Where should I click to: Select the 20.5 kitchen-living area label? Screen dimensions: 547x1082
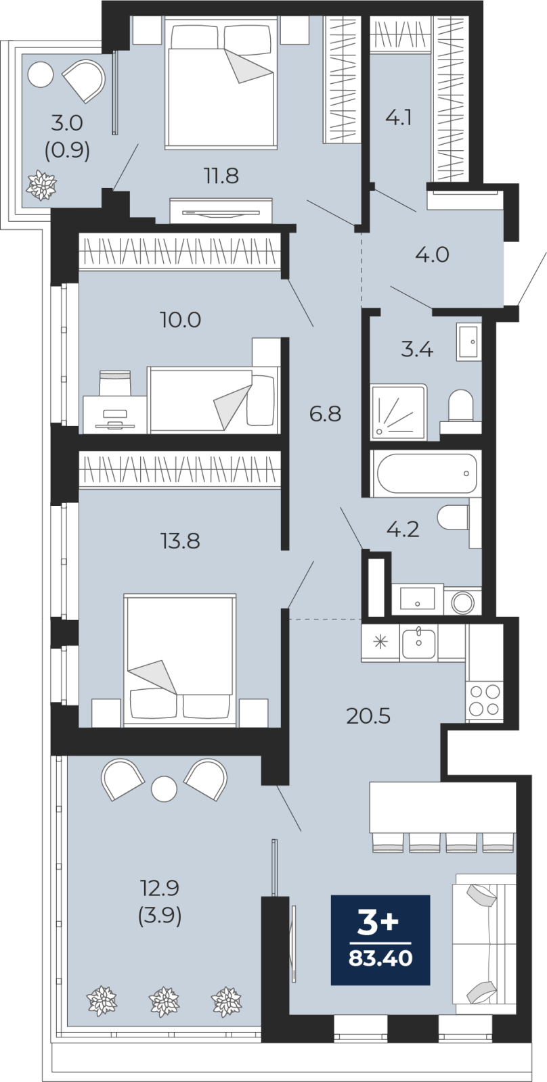[x=368, y=716]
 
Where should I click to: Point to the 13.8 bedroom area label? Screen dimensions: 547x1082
[x=180, y=541]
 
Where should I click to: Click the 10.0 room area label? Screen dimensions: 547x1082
[x=180, y=320]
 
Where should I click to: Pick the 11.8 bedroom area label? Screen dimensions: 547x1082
[x=221, y=176]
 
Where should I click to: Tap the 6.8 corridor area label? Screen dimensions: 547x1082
[x=326, y=413]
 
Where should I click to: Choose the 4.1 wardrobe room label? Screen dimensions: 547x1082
[x=398, y=118]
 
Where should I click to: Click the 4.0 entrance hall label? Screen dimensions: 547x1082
[x=432, y=254]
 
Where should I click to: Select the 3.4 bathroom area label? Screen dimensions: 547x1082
[x=417, y=349]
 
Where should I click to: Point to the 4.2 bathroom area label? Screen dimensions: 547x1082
[x=402, y=530]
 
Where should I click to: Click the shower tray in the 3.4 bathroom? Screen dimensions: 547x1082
[x=399, y=412]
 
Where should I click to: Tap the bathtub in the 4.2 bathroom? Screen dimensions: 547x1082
[x=426, y=473]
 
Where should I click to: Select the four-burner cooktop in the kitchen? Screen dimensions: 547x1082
[x=484, y=701]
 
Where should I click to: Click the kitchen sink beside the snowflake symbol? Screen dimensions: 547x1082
[x=418, y=642]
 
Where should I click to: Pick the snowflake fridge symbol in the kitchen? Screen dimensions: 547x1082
[x=380, y=642]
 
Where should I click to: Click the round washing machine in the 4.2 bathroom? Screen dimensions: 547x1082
[x=462, y=602]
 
